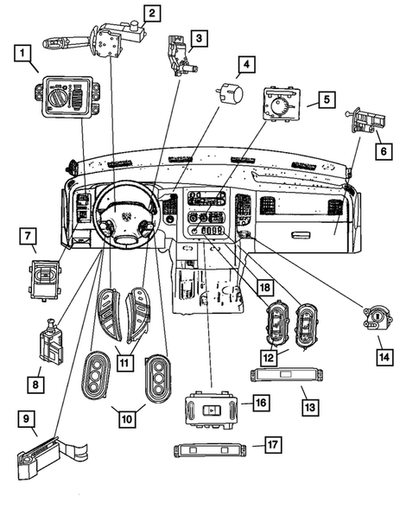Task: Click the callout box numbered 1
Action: point(24,54)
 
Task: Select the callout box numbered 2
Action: point(151,13)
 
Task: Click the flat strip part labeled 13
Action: point(284,375)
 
